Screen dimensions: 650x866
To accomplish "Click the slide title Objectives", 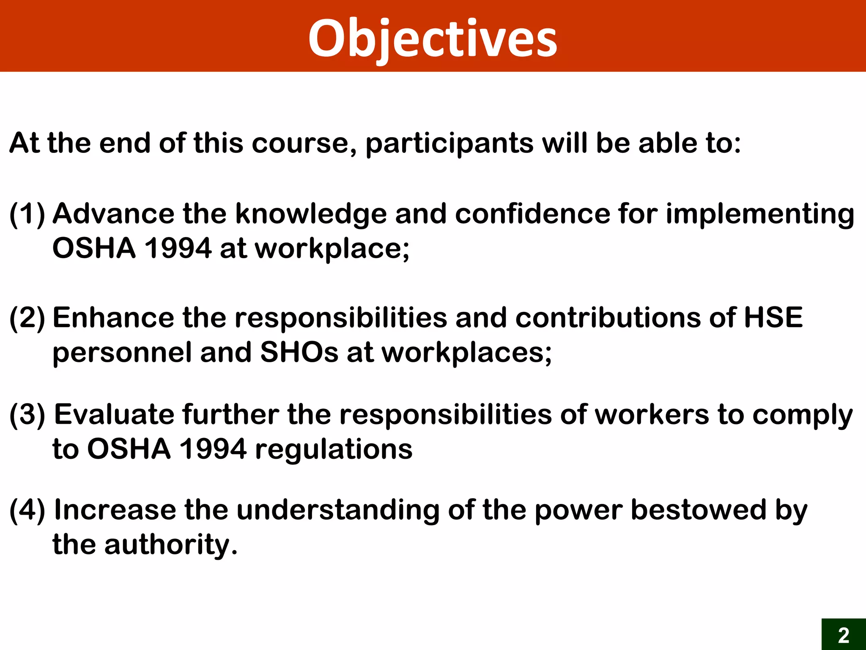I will (x=433, y=39).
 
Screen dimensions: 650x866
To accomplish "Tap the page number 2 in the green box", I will (x=843, y=635).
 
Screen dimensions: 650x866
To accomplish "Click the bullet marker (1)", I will (x=27, y=214).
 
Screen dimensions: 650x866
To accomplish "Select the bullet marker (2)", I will (x=27, y=318).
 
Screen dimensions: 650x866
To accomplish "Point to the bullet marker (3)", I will (x=27, y=415).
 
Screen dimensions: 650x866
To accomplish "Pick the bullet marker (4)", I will (x=27, y=510).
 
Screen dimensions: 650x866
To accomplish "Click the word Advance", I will (x=113, y=214).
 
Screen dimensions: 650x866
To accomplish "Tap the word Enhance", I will (x=113, y=318).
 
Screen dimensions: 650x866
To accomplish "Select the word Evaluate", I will (x=114, y=414).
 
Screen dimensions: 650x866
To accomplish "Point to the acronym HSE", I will (x=773, y=318).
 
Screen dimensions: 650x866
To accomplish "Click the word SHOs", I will (x=299, y=353).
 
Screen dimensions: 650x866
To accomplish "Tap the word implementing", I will (x=760, y=215).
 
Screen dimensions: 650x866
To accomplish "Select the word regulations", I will (x=334, y=449).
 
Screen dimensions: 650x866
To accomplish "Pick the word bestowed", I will (x=699, y=510).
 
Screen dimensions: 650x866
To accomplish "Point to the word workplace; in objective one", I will (x=332, y=249).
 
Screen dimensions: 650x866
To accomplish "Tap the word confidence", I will (x=532, y=214).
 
